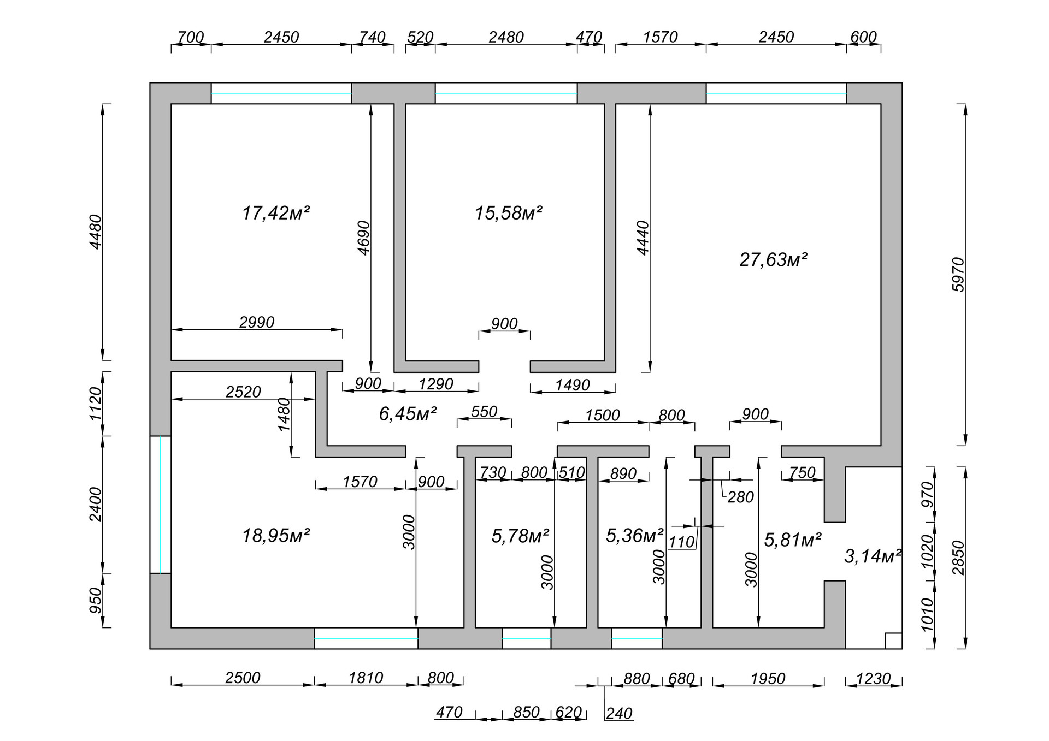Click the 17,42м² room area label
tap(276, 212)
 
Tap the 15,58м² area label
tap(508, 212)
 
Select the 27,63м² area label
tap(773, 259)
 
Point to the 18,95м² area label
tap(276, 536)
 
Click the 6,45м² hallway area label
tap(408, 413)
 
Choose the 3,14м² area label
tap(873, 556)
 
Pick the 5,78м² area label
tap(520, 536)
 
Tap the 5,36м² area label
tap(634, 535)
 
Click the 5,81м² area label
tap(793, 540)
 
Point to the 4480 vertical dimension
tap(96, 232)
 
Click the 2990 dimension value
tap(257, 322)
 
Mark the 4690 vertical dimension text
tap(363, 238)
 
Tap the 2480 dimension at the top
tap(506, 37)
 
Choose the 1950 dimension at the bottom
tap(768, 679)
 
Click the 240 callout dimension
tap(619, 714)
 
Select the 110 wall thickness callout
tap(681, 542)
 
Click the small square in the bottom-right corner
tap(893, 641)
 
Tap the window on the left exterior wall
tap(161, 505)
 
